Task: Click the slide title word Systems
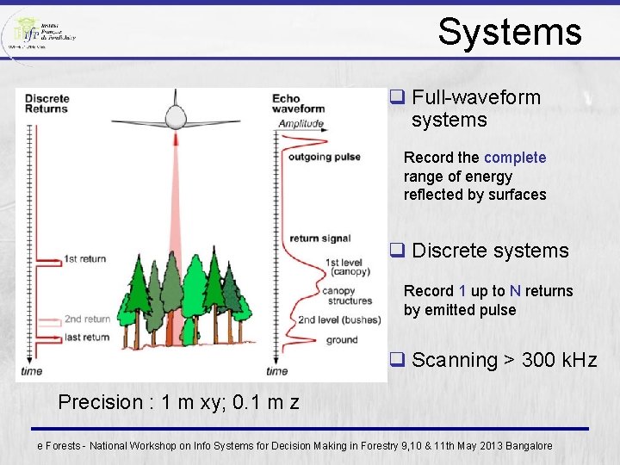tap(510, 32)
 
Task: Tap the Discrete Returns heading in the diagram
tap(46, 103)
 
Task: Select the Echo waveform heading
tap(298, 103)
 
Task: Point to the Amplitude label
tap(301, 124)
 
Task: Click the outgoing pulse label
tap(325, 157)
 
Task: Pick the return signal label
tap(319, 239)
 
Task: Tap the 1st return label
tap(87, 258)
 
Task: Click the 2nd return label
tap(88, 319)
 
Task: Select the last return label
tap(87, 337)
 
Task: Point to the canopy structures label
tap(347, 295)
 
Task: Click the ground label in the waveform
tap(342, 340)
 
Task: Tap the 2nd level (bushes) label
tap(338, 320)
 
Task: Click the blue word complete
tap(515, 158)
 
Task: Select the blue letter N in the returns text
tap(515, 291)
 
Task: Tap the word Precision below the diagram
tap(100, 402)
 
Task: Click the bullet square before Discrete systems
tap(398, 251)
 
